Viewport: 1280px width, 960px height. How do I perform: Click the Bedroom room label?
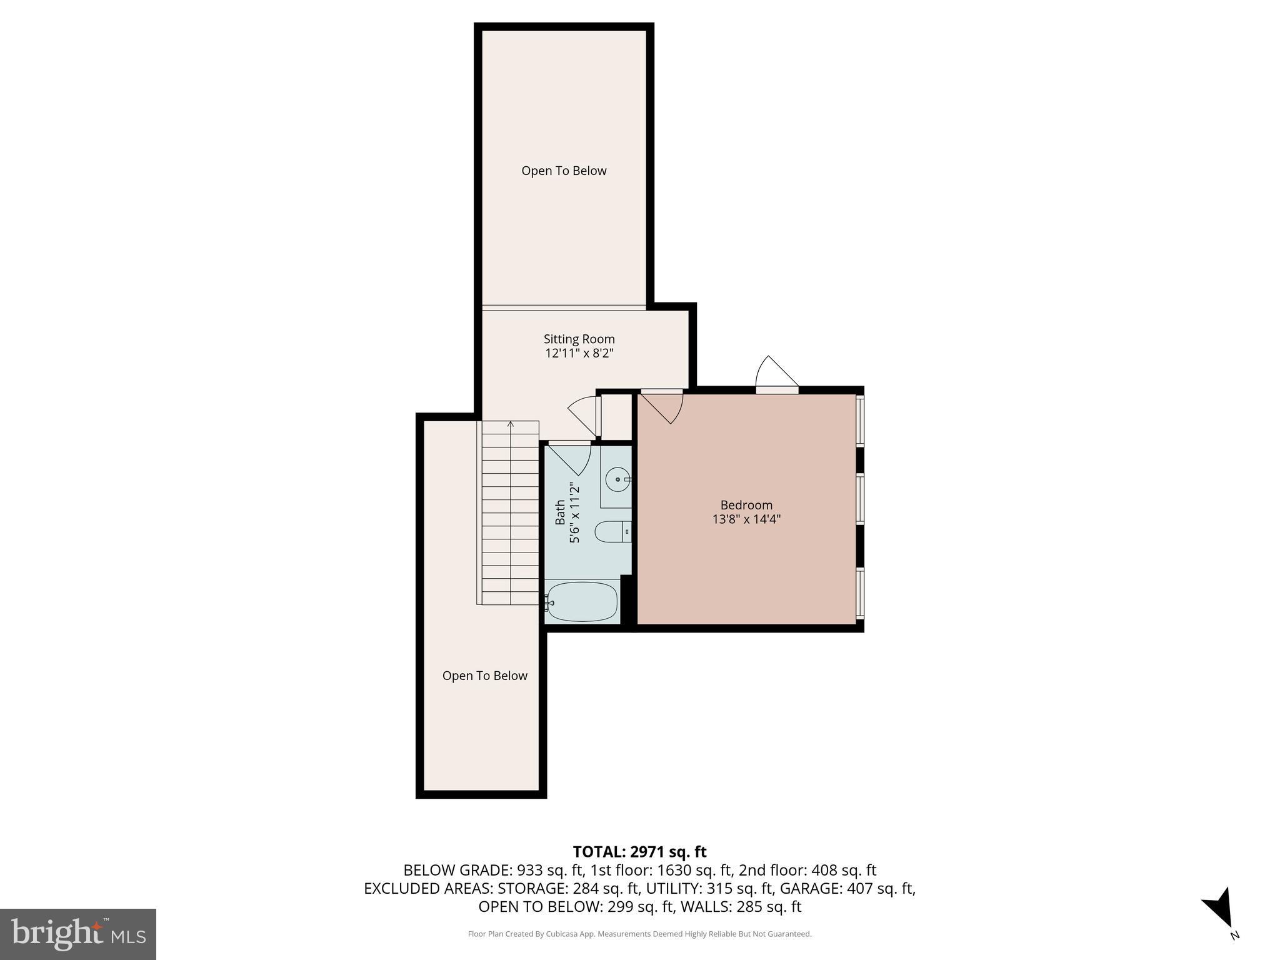point(746,505)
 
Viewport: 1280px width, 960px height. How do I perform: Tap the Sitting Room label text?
point(579,339)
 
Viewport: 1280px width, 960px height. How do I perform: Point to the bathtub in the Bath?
point(582,602)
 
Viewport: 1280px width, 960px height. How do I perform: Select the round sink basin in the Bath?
point(617,479)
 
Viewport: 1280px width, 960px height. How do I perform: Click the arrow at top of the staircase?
point(511,425)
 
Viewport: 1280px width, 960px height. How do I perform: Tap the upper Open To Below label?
point(564,171)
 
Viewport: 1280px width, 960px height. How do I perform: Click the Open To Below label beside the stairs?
point(484,676)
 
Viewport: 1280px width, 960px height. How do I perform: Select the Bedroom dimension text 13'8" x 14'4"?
point(746,519)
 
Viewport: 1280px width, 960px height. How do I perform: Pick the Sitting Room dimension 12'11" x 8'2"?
point(579,354)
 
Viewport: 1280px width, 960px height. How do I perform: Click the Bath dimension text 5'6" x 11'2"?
point(575,514)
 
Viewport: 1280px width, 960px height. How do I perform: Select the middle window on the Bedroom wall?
point(860,498)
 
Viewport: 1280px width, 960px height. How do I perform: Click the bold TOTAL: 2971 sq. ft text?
point(639,852)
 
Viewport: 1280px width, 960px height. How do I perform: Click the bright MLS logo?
point(78,934)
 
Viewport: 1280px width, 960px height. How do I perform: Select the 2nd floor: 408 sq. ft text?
point(807,870)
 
